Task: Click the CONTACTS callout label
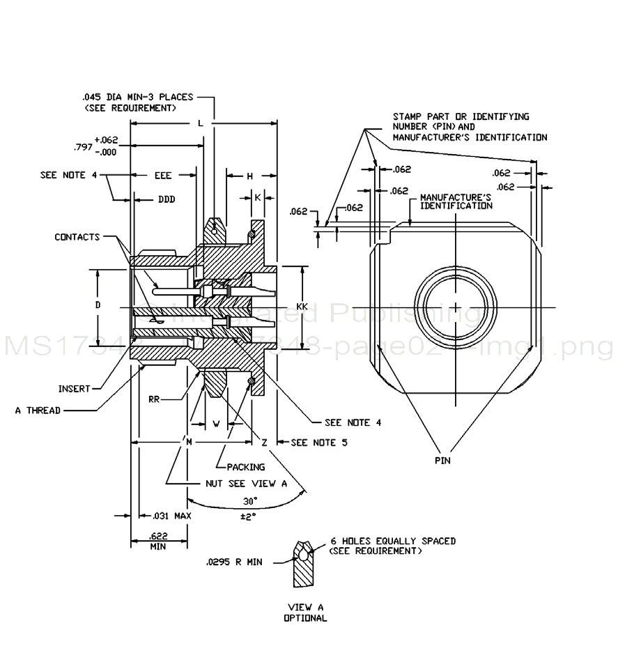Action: [77, 238]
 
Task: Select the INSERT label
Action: [75, 389]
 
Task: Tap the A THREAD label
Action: [38, 410]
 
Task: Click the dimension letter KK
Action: [302, 306]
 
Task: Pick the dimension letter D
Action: [98, 305]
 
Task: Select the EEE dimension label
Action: [163, 176]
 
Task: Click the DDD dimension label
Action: [166, 199]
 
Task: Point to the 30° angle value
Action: [250, 501]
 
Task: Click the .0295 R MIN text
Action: [234, 562]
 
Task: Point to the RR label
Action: [155, 399]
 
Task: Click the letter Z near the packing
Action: [265, 443]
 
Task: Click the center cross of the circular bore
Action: [454, 307]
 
